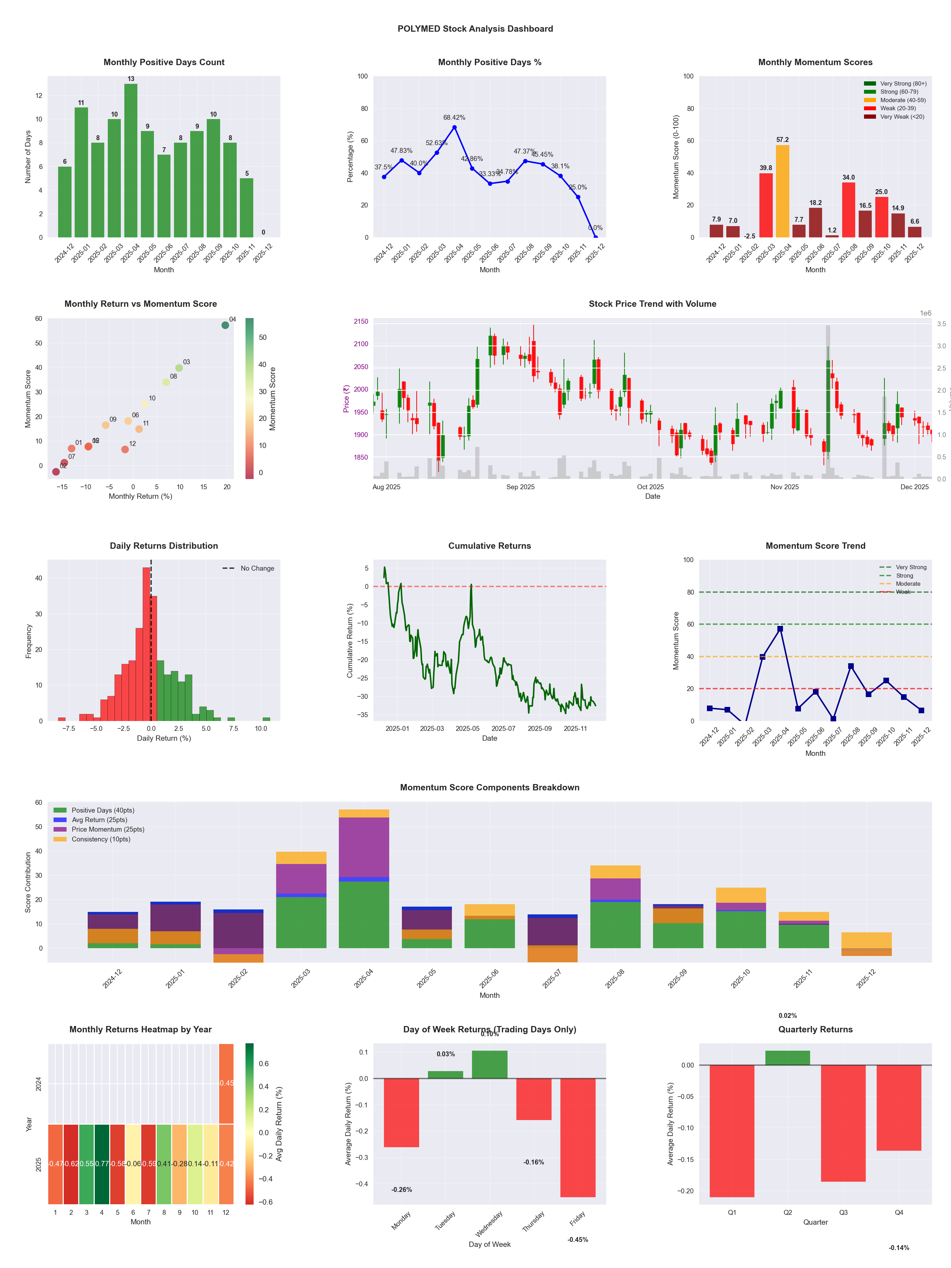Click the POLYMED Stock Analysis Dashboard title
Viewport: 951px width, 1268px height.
point(475,29)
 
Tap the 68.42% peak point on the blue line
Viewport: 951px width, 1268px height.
point(455,127)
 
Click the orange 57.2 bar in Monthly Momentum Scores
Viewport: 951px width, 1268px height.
point(783,191)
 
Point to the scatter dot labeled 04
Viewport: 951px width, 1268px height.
point(225,325)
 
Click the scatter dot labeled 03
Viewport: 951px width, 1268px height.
point(179,368)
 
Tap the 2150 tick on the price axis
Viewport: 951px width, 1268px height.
point(361,322)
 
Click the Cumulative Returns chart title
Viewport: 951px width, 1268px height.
point(490,546)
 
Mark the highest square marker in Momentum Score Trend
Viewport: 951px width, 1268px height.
point(780,629)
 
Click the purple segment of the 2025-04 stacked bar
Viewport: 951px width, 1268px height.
point(363,847)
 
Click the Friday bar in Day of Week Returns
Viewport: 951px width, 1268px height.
point(578,1138)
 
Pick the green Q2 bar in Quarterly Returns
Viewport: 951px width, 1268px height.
point(788,1058)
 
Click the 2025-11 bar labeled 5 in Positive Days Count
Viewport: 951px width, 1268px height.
point(247,207)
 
